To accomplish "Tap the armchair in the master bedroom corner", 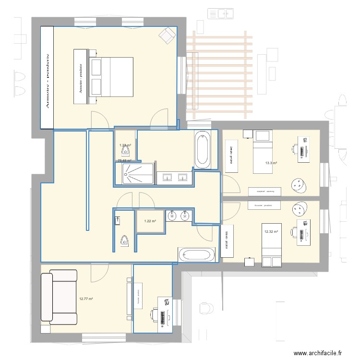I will tap(168, 34).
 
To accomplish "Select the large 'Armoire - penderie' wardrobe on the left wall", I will tap(47, 77).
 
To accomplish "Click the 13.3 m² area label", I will tap(271, 163).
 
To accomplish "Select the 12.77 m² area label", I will tap(86, 299).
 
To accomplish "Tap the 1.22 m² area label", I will tap(150, 221).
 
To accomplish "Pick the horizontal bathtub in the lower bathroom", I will tap(198, 255).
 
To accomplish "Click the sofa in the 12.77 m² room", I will tap(59, 298).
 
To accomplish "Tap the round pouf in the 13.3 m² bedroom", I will tap(299, 185).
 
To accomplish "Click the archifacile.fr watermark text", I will tap(317, 353).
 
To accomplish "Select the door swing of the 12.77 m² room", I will tap(100, 273).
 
